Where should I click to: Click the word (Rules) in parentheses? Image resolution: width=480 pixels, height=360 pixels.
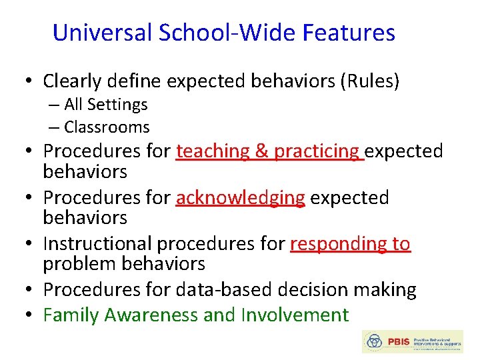[369, 81]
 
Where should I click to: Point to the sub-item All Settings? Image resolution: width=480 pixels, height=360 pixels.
[105, 105]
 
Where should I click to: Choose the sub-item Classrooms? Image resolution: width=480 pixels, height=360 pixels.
[107, 127]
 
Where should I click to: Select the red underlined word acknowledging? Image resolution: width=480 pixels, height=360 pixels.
[240, 198]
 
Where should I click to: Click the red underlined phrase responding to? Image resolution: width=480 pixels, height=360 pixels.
[350, 244]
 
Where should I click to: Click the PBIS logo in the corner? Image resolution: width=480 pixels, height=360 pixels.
[411, 341]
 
